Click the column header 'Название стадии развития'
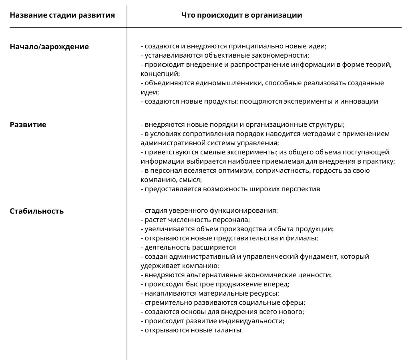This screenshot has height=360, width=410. (x=62, y=16)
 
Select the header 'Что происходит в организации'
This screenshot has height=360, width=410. (x=241, y=16)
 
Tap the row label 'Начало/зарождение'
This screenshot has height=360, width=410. (x=49, y=47)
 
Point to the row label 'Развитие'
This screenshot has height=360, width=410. (x=28, y=125)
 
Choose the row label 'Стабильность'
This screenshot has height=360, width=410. (x=36, y=211)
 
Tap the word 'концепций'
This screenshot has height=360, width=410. (x=160, y=74)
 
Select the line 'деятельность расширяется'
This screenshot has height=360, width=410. (x=188, y=248)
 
